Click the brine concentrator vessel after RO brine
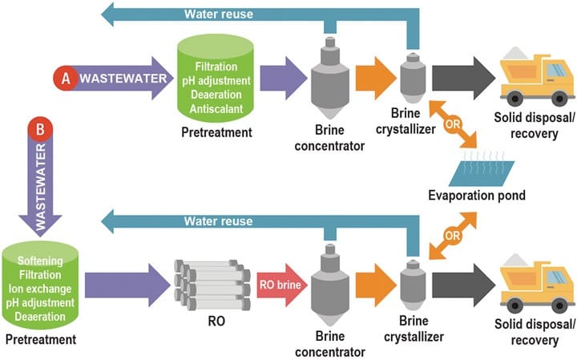329,285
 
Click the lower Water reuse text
219,221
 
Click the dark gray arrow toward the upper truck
460,79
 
